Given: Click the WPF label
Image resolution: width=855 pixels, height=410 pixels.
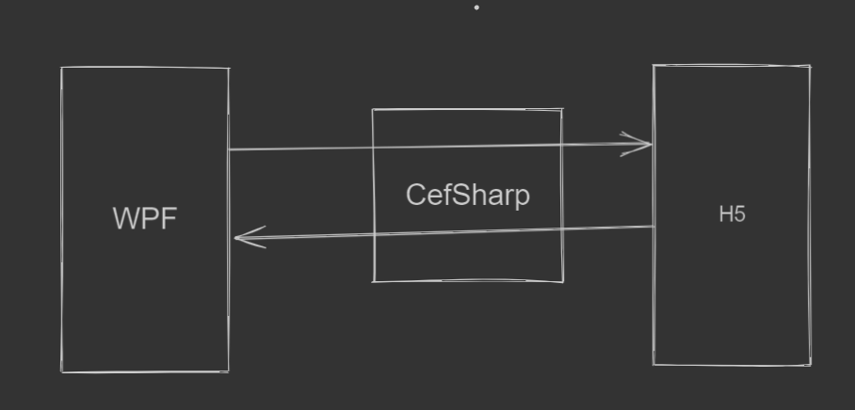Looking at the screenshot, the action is point(145,218).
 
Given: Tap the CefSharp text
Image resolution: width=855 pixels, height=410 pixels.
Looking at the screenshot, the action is point(467,195).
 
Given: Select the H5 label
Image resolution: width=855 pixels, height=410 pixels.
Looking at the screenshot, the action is point(732,214).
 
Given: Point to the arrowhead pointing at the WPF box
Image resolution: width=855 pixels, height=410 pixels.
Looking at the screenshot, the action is point(238,238).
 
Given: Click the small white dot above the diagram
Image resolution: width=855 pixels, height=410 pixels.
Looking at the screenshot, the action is point(476,8).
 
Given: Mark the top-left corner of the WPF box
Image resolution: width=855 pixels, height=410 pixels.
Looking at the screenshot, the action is point(62,68).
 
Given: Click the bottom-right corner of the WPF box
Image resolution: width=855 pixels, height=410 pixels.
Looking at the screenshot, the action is point(229,371).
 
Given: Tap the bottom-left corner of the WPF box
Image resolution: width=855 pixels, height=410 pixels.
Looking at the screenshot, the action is point(63,371).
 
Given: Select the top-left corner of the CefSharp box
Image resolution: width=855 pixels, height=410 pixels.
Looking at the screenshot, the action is point(373,110).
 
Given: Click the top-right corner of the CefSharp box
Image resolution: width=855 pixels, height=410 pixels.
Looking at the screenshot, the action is point(562,109).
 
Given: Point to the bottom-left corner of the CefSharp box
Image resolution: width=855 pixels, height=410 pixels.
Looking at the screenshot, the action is point(374,280).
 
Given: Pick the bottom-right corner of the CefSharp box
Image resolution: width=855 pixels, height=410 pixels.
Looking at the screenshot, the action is point(563,281).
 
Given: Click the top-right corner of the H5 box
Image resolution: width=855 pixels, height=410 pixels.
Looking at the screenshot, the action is point(810,66).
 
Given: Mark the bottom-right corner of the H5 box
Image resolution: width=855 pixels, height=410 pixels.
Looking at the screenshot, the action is point(811,364).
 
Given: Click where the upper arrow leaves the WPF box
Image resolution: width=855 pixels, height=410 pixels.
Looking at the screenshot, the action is point(229,149).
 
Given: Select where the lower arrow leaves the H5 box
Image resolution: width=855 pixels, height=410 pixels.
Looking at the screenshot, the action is point(653,227).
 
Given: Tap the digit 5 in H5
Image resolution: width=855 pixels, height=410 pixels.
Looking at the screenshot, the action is point(739,214).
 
